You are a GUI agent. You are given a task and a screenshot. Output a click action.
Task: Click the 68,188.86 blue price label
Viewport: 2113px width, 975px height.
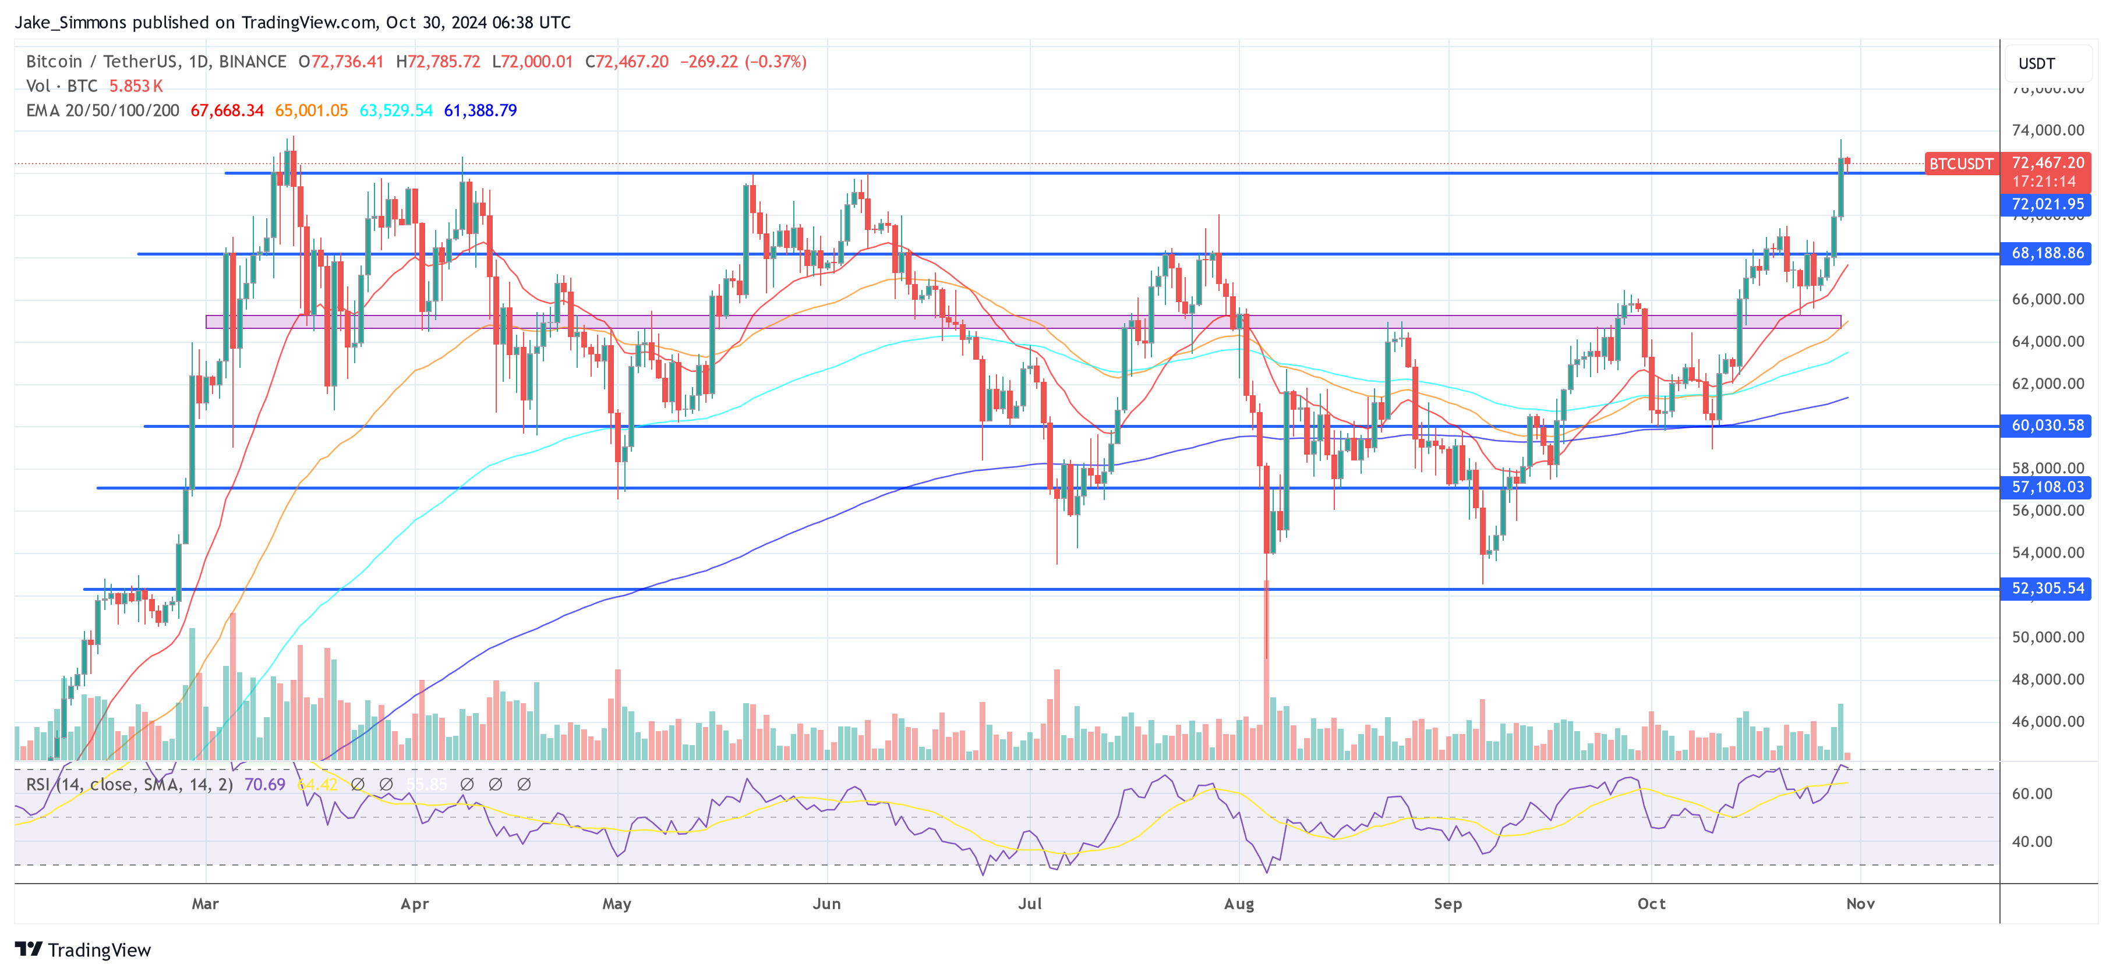click(2047, 253)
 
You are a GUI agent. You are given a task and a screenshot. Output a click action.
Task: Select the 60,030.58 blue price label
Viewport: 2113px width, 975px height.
click(2047, 426)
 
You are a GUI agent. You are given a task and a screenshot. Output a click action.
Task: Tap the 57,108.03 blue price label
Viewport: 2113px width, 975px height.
click(2047, 487)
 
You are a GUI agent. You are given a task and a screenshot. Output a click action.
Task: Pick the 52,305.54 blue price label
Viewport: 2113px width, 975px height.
click(2047, 588)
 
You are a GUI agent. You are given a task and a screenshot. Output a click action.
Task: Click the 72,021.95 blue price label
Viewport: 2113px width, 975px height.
click(2047, 204)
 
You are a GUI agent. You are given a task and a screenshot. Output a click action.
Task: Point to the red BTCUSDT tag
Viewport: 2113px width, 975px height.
click(1960, 164)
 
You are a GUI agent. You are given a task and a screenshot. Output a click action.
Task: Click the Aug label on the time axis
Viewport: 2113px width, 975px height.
click(1239, 903)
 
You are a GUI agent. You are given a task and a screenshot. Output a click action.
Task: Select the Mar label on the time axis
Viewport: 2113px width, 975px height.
click(205, 903)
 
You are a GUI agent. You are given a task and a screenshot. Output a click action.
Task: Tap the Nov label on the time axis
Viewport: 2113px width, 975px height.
click(1860, 903)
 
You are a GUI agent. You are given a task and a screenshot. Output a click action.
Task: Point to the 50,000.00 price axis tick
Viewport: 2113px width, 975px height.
click(2047, 637)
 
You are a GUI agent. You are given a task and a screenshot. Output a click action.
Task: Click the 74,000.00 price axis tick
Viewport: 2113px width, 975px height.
click(2047, 130)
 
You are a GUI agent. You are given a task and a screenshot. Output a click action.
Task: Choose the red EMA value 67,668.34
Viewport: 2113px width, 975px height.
click(227, 111)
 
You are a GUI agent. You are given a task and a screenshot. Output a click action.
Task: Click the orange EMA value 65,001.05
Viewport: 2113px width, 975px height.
click(311, 111)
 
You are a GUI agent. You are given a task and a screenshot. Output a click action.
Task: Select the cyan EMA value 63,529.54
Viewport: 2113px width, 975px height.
click(395, 111)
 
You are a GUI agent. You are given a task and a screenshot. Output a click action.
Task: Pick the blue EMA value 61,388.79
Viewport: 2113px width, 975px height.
click(480, 111)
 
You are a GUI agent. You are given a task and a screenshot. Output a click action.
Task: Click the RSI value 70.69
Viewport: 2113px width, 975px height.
click(264, 785)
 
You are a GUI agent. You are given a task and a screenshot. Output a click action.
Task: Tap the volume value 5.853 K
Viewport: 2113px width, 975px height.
click(136, 86)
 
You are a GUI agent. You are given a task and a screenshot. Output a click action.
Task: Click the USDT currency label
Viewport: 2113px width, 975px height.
click(2037, 64)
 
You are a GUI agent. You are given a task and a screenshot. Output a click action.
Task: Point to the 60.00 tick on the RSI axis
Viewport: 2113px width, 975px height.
click(2033, 794)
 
